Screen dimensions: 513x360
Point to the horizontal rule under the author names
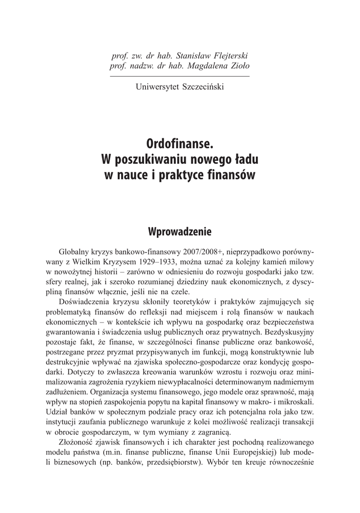tap(179, 76)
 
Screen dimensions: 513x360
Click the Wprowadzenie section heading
tap(180, 232)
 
